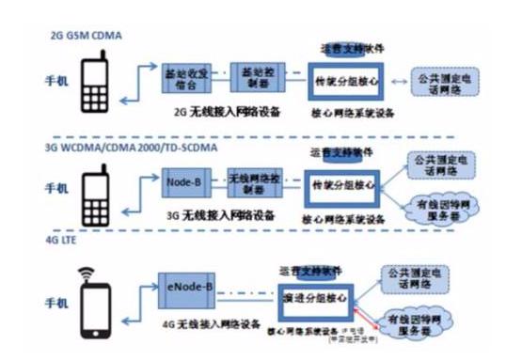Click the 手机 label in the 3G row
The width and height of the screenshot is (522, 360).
point(55,190)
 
